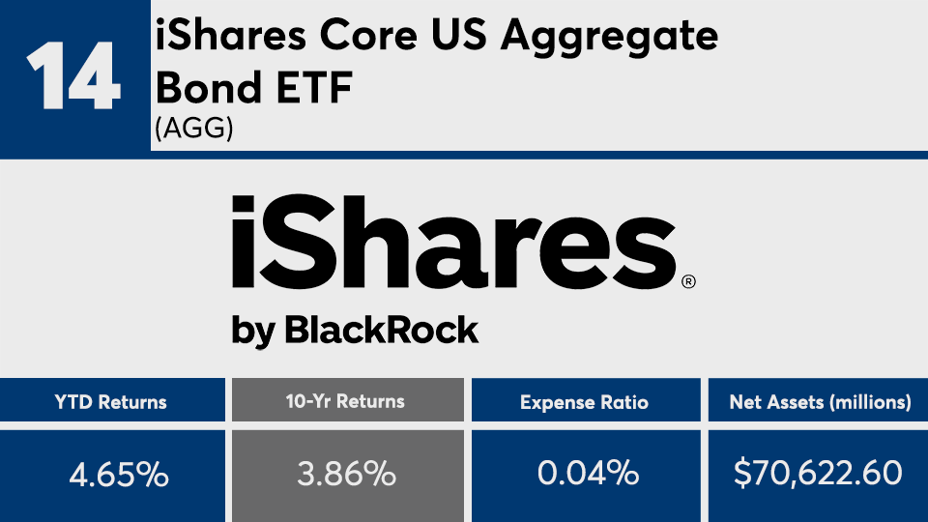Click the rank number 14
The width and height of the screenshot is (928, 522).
(73, 75)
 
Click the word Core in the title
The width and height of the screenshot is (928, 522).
(368, 35)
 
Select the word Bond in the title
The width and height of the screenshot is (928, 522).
(209, 87)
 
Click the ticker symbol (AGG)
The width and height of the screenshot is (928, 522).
(194, 128)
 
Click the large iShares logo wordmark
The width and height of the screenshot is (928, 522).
(453, 242)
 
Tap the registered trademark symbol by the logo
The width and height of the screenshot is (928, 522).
(688, 281)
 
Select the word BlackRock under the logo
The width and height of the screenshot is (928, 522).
(381, 330)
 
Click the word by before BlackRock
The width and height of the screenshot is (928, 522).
(252, 332)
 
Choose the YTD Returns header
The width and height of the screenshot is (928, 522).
(110, 402)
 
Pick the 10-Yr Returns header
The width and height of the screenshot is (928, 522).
(345, 402)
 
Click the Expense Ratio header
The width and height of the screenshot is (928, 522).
(584, 403)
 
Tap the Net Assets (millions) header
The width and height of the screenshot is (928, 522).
(821, 402)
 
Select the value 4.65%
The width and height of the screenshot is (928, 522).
(119, 475)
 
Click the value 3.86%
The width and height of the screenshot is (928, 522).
(346, 474)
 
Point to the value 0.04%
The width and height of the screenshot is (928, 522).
(588, 473)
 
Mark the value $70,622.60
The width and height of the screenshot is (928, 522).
(818, 473)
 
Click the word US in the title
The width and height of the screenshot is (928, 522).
(458, 35)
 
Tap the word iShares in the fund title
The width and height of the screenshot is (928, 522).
(231, 35)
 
